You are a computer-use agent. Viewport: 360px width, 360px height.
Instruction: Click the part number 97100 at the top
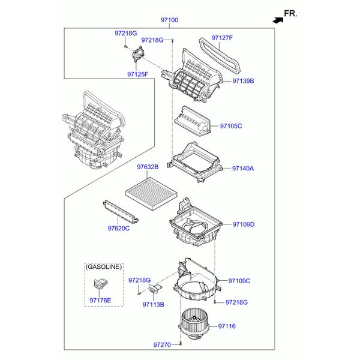169,20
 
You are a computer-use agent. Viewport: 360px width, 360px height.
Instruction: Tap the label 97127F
222,38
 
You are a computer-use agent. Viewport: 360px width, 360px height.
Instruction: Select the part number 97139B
243,81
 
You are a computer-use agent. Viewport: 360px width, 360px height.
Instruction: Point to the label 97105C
231,126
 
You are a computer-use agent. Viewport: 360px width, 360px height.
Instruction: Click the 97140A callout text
243,169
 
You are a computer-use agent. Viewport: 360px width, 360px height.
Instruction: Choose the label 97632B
148,167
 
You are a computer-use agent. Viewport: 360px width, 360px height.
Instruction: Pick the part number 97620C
119,229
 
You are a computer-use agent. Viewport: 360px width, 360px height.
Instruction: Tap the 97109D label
244,224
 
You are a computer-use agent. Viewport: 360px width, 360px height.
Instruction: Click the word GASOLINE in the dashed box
104,267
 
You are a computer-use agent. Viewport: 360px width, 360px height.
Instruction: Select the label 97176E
100,301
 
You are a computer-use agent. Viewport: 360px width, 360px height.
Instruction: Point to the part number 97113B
154,305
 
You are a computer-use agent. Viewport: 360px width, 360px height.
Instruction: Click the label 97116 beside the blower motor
227,326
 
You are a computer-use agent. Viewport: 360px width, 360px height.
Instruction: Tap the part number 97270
162,345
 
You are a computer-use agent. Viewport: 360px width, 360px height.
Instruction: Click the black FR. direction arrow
278,20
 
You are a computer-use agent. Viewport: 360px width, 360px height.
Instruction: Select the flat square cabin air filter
151,193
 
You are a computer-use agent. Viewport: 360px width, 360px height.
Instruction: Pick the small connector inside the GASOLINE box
101,283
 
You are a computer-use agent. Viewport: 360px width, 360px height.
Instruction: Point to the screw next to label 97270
181,344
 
